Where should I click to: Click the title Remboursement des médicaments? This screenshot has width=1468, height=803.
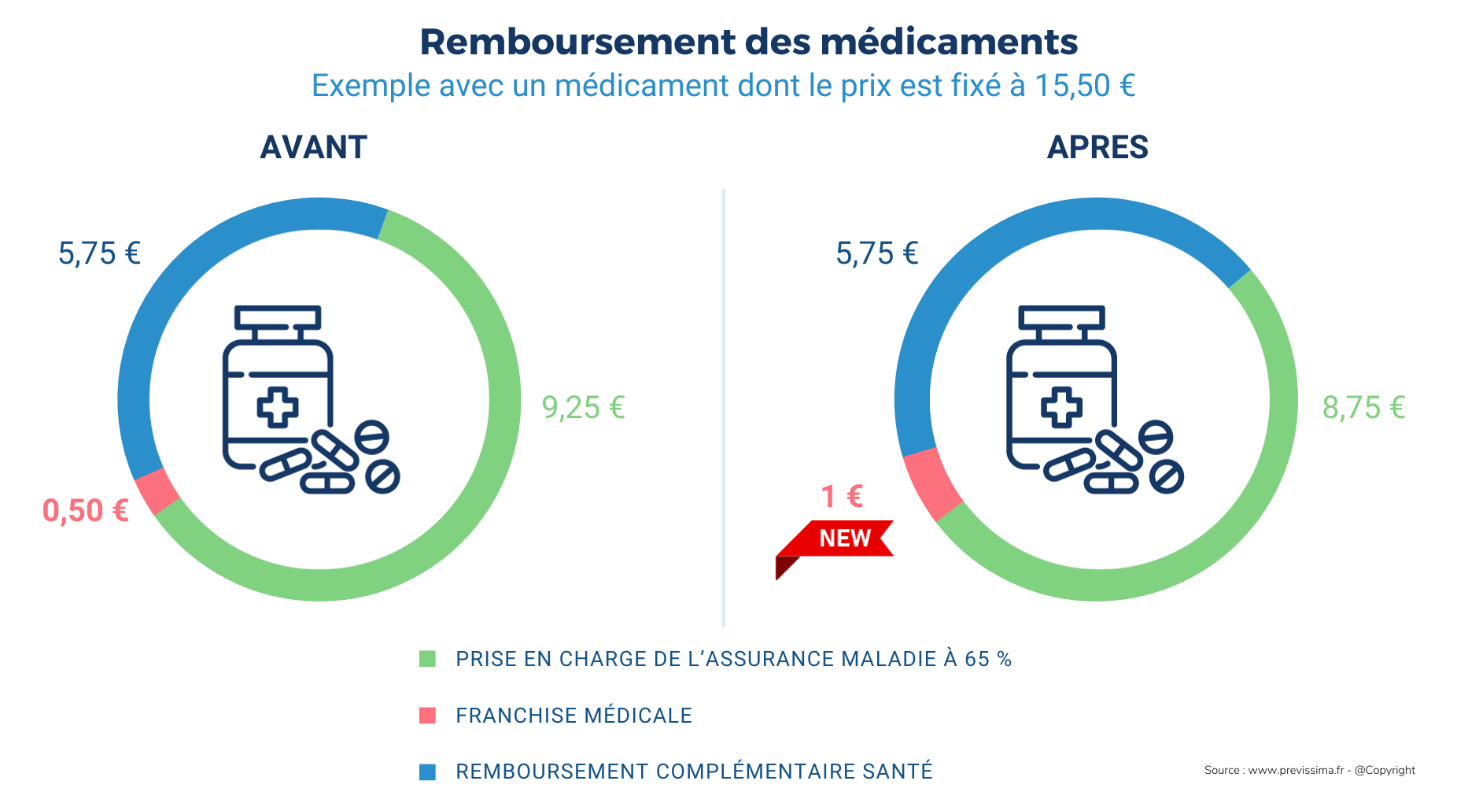pos(748,42)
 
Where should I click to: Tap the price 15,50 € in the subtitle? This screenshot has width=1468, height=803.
pos(1085,86)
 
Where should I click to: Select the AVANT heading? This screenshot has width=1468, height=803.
pos(313,147)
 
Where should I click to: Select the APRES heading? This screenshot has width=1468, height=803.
pos(1097,147)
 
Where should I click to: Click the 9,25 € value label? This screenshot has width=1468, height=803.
pos(583,408)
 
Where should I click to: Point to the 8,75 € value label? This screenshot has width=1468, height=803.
pos(1363,408)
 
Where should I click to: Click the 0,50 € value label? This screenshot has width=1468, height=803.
pos(86,511)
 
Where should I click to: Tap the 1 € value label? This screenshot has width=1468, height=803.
pos(842,497)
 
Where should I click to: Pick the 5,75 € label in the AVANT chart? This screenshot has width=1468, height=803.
pos(99,253)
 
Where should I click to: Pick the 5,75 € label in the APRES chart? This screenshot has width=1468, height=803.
pos(876,253)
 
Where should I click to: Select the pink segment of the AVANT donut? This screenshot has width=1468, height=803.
pos(157,491)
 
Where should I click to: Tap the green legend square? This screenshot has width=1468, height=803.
pos(427,659)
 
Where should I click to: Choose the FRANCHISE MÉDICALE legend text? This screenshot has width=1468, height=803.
pos(574,716)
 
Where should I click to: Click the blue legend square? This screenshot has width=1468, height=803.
pos(427,772)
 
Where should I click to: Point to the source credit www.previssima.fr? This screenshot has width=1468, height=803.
pos(1295,770)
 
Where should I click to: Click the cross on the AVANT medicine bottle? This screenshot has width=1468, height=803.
pos(278,407)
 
